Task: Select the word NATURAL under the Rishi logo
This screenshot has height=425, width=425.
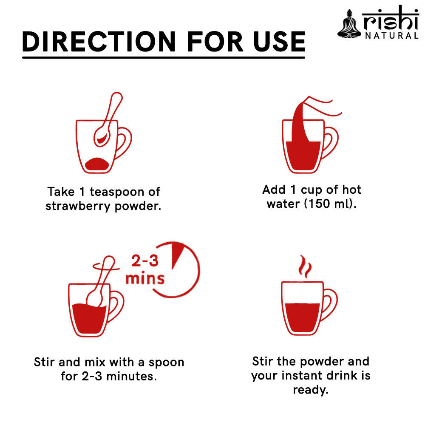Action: [x=391, y=36]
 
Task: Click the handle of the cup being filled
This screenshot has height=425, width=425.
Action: [x=331, y=142]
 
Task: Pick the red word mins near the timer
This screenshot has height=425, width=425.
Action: [x=144, y=278]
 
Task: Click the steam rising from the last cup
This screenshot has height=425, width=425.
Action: [x=305, y=267]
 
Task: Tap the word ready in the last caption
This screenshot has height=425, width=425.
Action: [x=310, y=390]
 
